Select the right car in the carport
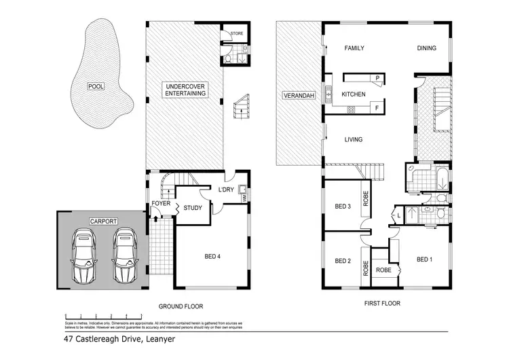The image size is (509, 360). pyautogui.click(x=125, y=255)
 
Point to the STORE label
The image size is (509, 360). pyautogui.click(x=237, y=33)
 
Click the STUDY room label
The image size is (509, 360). pyautogui.click(x=192, y=208)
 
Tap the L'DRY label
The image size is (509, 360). pyautogui.click(x=226, y=190)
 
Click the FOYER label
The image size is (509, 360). pyautogui.click(x=160, y=203)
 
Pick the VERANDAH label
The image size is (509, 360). pyautogui.click(x=297, y=96)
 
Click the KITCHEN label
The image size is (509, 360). pyautogui.click(x=354, y=94)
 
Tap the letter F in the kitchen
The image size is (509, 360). pyautogui.click(x=376, y=108)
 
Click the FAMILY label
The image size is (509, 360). pyautogui.click(x=354, y=48)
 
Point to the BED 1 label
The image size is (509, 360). pyautogui.click(x=424, y=259)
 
